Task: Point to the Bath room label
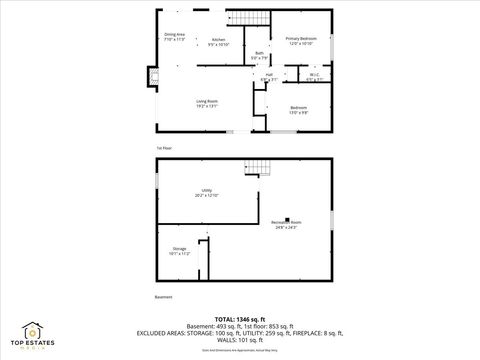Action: click(260, 55)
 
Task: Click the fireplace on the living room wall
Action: click(153, 76)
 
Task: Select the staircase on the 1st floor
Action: click(253, 19)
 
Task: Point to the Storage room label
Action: click(179, 250)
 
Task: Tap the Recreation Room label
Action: click(284, 225)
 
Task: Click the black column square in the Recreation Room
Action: click(288, 218)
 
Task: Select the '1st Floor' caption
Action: click(163, 148)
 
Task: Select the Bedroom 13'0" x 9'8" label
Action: click(299, 109)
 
